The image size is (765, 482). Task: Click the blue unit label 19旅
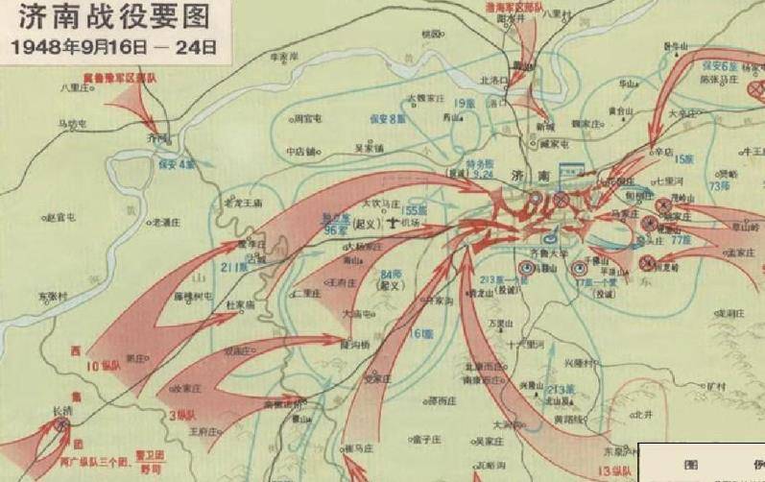click(x=465, y=102)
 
